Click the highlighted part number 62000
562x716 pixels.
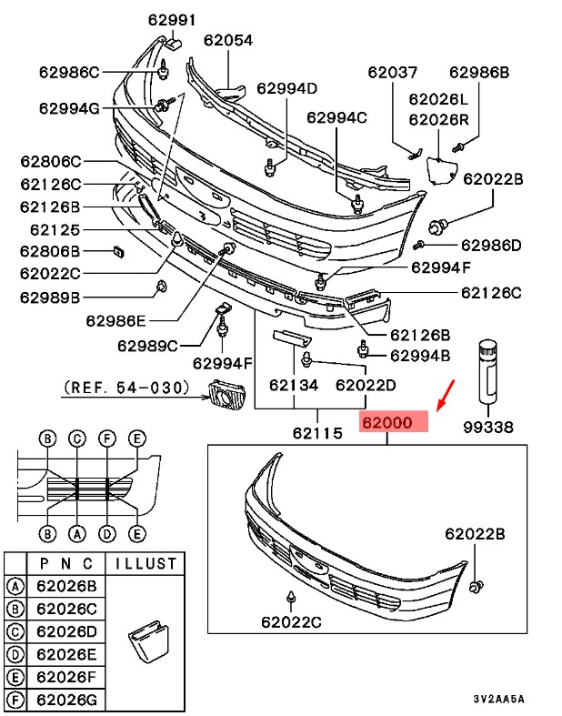pyautogui.click(x=393, y=423)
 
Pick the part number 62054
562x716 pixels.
pyautogui.click(x=227, y=40)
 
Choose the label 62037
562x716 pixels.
pyautogui.click(x=392, y=73)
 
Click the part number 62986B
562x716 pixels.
pyautogui.click(x=479, y=73)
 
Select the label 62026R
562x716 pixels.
pyautogui.click(x=437, y=118)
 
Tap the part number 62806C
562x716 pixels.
pyautogui.click(x=50, y=162)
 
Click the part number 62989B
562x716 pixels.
pyautogui.click(x=50, y=297)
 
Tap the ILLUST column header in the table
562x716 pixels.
pyautogui.click(x=141, y=563)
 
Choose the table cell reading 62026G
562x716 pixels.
pyautogui.click(x=65, y=700)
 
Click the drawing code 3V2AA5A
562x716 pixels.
pyautogui.click(x=498, y=700)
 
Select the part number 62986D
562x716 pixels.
pyautogui.click(x=491, y=245)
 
